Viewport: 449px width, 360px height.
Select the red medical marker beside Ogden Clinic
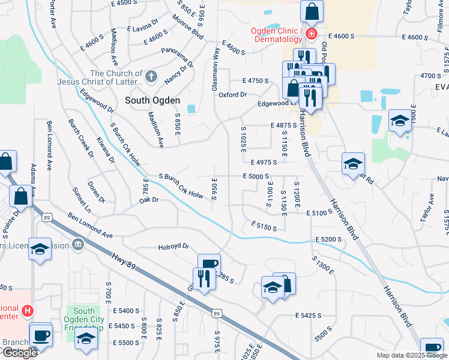pyautogui.click(x=311, y=34)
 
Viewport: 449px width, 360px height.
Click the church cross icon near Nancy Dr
pyautogui.click(x=151, y=77)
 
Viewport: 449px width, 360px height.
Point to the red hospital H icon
pyautogui.click(x=27, y=311)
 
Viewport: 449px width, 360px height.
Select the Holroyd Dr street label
pyautogui.click(x=173, y=246)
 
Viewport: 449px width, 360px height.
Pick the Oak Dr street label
pyautogui.click(x=148, y=200)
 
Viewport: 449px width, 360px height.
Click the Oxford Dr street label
pyautogui.click(x=232, y=95)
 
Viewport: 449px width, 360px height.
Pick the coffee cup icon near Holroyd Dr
pyautogui.click(x=209, y=264)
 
